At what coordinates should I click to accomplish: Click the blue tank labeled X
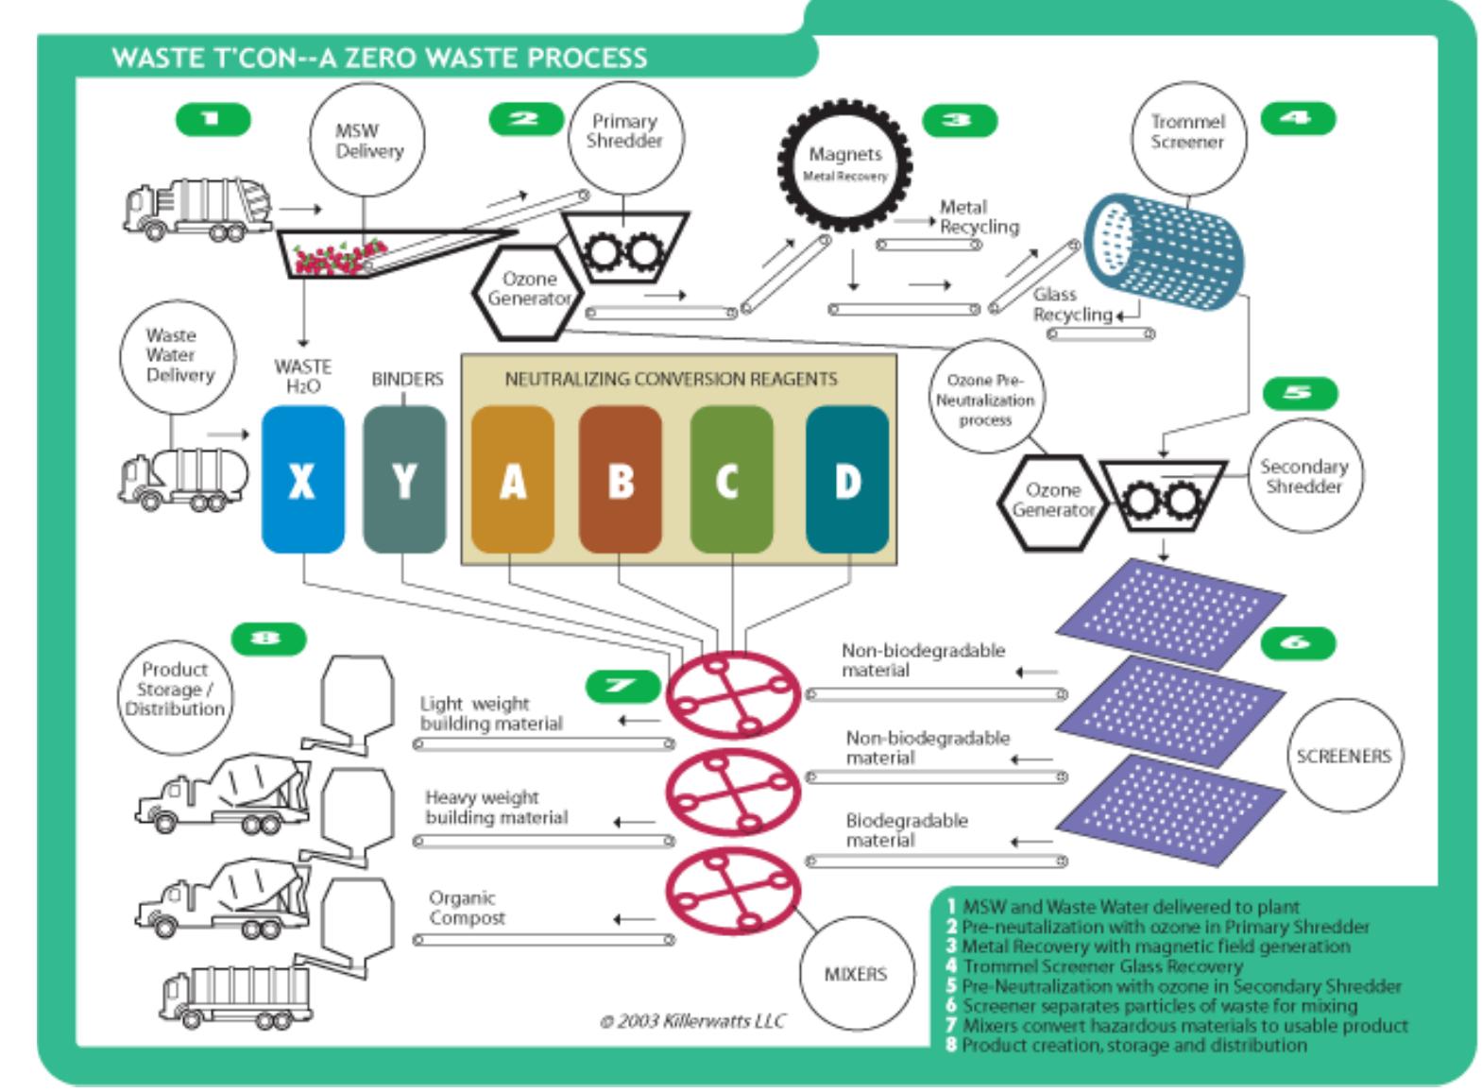tap(302, 480)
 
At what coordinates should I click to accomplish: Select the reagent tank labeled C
tap(731, 480)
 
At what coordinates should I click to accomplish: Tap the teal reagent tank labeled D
tap(847, 480)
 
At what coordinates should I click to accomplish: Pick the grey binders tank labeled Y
tap(404, 480)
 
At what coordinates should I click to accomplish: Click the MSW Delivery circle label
tap(367, 141)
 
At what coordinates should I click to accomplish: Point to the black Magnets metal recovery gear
tap(844, 165)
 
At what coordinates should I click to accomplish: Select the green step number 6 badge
tap(1298, 643)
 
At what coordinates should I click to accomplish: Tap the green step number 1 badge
tap(213, 119)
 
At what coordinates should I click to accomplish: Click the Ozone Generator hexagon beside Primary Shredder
tap(527, 290)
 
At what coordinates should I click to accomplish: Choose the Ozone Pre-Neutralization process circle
tap(985, 397)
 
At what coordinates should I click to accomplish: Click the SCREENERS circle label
tap(1343, 756)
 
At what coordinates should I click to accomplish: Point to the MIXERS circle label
tap(855, 974)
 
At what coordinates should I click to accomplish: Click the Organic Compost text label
tap(467, 908)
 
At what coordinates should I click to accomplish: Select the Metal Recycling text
tap(979, 216)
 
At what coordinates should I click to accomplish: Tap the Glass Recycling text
tap(1071, 304)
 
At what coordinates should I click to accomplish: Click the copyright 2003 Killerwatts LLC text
tap(692, 1021)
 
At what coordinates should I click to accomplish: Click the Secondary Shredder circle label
tap(1303, 476)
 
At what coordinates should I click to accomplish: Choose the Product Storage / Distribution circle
tap(175, 689)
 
